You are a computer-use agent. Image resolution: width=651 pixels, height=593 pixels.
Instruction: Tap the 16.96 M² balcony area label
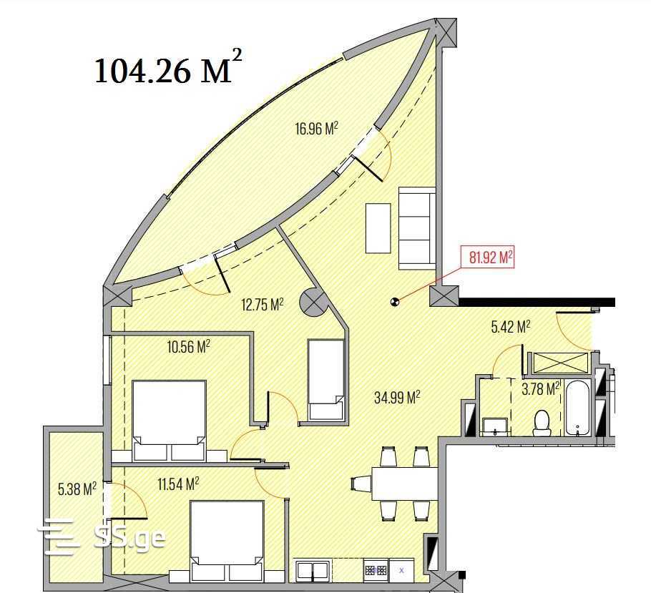click(316, 129)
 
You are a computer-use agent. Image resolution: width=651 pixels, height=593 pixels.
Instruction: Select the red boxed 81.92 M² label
click(488, 258)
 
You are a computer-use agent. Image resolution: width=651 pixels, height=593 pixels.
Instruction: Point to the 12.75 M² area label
click(263, 305)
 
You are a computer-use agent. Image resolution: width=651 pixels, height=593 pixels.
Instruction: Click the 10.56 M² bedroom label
click(188, 346)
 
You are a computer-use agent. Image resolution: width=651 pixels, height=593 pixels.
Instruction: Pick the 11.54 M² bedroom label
click(178, 484)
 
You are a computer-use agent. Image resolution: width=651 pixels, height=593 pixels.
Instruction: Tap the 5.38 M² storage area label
click(77, 489)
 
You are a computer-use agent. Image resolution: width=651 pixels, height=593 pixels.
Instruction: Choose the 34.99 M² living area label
click(397, 398)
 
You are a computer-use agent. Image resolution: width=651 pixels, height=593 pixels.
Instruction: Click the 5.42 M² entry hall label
click(511, 327)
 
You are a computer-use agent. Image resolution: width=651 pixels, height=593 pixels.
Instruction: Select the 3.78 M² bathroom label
click(541, 389)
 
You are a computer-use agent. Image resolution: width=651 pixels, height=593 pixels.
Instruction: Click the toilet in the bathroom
click(542, 423)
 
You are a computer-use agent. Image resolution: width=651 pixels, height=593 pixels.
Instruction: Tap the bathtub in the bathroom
click(578, 408)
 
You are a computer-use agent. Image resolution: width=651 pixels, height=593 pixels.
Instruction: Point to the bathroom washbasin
click(495, 427)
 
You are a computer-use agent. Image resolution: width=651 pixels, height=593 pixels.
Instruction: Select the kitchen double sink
click(313, 570)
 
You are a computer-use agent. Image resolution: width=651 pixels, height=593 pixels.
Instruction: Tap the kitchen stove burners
click(376, 569)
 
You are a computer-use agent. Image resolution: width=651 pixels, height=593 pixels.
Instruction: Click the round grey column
click(314, 302)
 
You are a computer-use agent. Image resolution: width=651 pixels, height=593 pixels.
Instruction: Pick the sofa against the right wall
click(417, 228)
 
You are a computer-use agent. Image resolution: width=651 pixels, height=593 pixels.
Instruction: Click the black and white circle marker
click(394, 302)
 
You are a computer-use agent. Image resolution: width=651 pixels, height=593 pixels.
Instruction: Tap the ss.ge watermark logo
click(102, 537)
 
